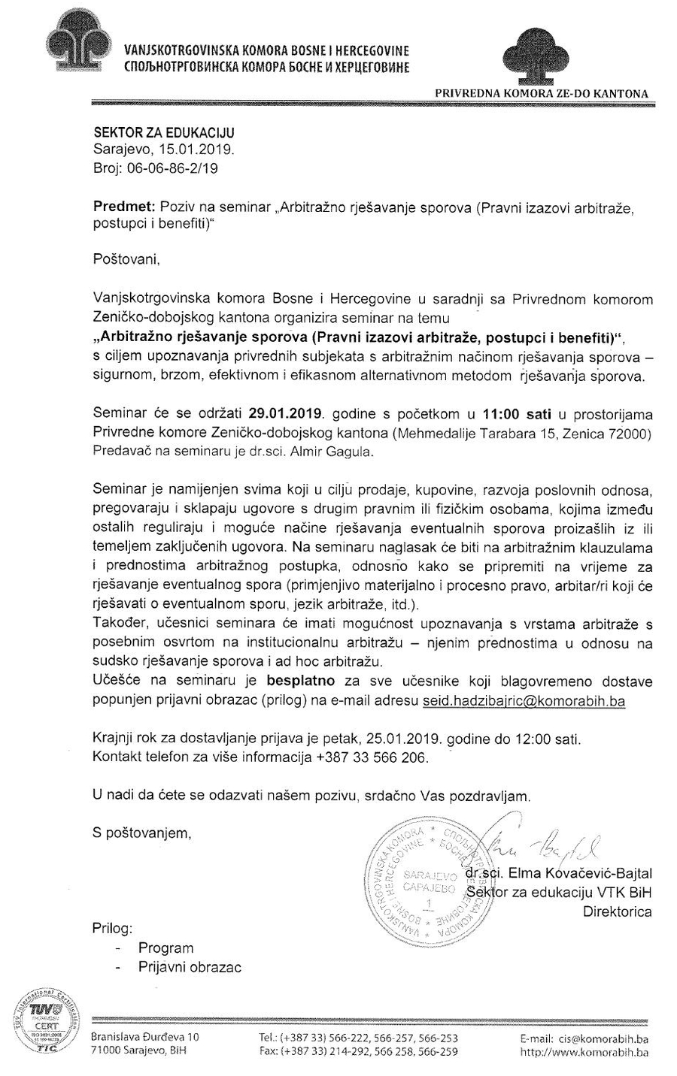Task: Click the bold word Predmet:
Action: (x=120, y=207)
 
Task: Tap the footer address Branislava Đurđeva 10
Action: (x=144, y=1037)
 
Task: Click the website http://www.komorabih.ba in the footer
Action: (x=584, y=1052)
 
